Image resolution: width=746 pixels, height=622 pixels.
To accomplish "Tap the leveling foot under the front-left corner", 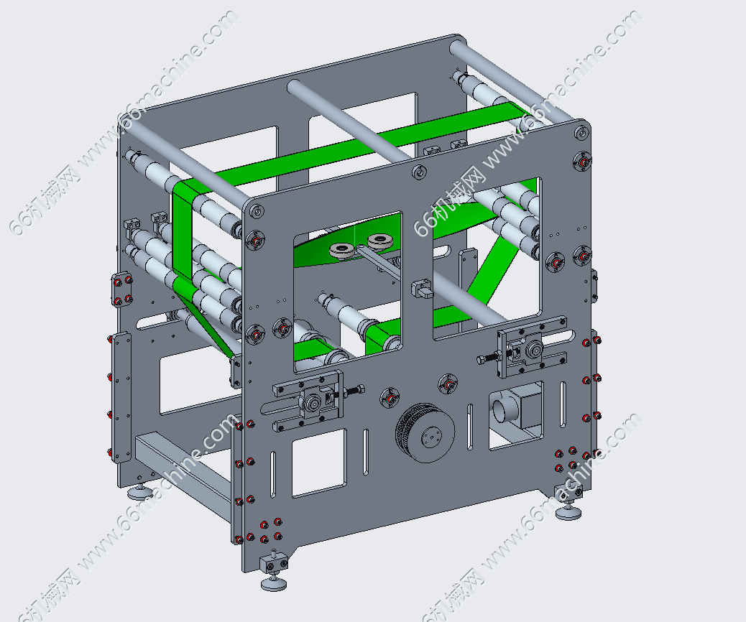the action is [x=274, y=583].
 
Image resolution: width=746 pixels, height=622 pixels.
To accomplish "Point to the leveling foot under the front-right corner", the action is [x=568, y=512].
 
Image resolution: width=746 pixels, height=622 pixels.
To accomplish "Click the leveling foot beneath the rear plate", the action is [x=140, y=492].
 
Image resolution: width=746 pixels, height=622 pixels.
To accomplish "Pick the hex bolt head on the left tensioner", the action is [x=360, y=390].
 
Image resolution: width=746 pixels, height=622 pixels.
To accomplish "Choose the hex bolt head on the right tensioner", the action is [x=482, y=360].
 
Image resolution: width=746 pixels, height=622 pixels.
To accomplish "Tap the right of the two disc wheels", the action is [x=382, y=241].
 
